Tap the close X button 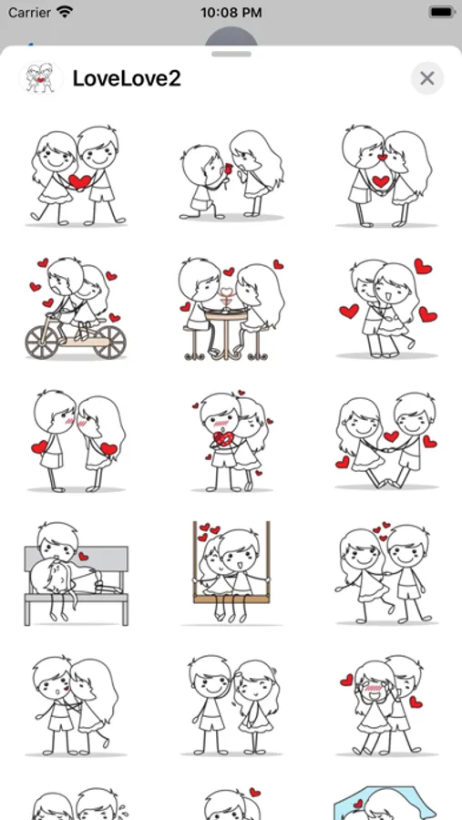pyautogui.click(x=427, y=78)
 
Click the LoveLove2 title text pyautogui.click(x=127, y=78)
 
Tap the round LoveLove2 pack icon pyautogui.click(x=40, y=78)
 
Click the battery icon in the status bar pyautogui.click(x=441, y=13)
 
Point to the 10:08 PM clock pyautogui.click(x=231, y=13)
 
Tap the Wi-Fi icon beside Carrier pyautogui.click(x=65, y=12)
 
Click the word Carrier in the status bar pyautogui.click(x=29, y=13)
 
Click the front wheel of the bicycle pyautogui.click(x=110, y=343)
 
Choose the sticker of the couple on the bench pyautogui.click(x=76, y=573)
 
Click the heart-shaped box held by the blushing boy pyautogui.click(x=223, y=439)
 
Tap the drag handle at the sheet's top pyautogui.click(x=231, y=54)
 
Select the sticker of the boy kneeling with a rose pyautogui.click(x=231, y=175)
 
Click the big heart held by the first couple pyautogui.click(x=79, y=181)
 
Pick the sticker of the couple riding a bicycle pyautogui.click(x=76, y=309)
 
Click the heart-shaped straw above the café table pyautogui.click(x=226, y=292)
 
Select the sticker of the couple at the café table pyautogui.click(x=231, y=309)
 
